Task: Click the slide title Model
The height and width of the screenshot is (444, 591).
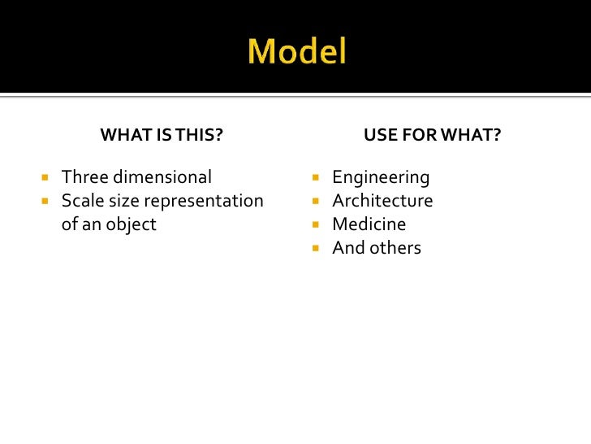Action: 297,53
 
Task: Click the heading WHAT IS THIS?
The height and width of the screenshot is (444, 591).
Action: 162,135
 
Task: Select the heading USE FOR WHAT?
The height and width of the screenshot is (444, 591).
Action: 432,135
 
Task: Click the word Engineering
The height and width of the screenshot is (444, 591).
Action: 381,177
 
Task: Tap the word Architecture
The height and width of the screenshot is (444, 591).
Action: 382,201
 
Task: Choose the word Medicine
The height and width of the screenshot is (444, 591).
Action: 369,224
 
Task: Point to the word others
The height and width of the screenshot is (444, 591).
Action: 394,248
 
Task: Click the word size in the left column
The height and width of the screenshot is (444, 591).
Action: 123,201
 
